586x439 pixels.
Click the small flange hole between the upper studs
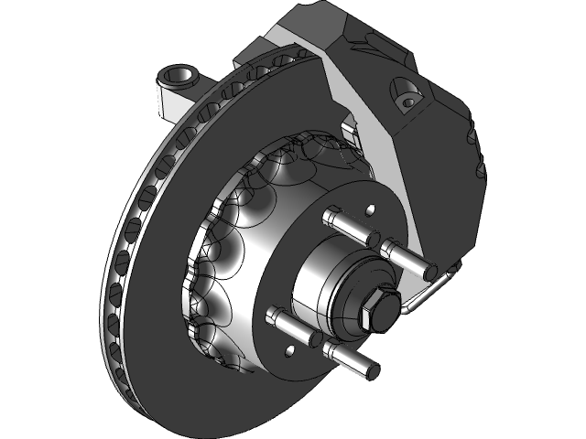tap(370, 209)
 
